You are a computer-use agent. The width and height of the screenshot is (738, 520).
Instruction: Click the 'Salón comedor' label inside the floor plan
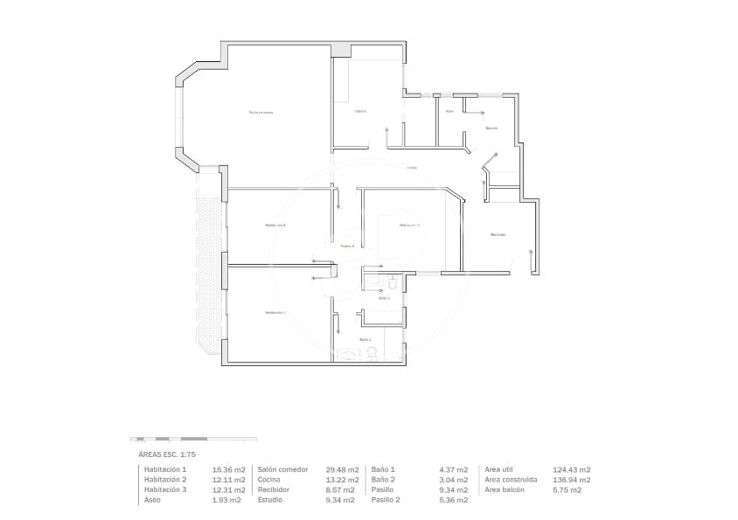tap(261, 112)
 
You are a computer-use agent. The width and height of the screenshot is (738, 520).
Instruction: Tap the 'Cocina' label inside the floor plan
tap(360, 111)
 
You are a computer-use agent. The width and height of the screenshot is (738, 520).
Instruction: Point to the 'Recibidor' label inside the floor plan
tap(498, 234)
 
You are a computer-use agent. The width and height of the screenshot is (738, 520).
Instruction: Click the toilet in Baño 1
tap(393, 282)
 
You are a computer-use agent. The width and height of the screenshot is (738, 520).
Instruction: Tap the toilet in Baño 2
tap(372, 352)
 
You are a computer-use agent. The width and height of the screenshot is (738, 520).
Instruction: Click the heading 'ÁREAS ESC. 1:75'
tap(167, 455)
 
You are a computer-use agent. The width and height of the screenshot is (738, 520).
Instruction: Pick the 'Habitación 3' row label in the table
tap(165, 489)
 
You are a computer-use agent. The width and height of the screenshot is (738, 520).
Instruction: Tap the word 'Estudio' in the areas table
tap(270, 500)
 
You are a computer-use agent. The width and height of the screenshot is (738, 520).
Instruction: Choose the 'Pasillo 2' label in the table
tap(386, 500)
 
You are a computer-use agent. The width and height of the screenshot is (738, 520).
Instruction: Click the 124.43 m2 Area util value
tap(572, 469)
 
